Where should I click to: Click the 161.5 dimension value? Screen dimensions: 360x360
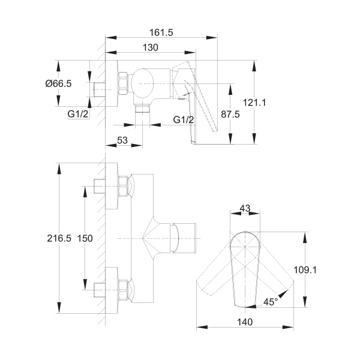(x=161, y=32)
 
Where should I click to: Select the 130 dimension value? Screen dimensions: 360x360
(x=151, y=47)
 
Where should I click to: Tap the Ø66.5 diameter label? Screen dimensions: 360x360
(x=58, y=83)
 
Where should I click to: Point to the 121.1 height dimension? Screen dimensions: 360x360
(x=254, y=103)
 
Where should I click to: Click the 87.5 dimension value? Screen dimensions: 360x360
(x=230, y=114)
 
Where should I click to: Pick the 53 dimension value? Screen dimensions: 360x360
(x=122, y=140)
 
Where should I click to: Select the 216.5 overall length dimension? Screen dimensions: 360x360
(x=59, y=238)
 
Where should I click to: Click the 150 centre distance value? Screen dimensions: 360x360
(x=85, y=238)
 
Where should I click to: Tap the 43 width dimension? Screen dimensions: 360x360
(x=245, y=208)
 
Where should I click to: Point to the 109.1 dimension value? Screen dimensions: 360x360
(x=305, y=270)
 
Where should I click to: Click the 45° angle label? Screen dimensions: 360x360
(x=271, y=302)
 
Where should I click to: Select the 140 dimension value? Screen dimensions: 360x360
(x=245, y=322)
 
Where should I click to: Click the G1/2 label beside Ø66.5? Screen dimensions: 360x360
(x=78, y=114)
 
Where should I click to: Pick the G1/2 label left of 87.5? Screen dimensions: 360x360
(x=184, y=119)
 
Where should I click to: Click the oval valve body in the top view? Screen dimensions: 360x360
(x=142, y=84)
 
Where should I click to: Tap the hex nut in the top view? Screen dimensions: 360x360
(x=123, y=83)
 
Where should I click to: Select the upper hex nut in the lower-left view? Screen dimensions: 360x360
(x=123, y=186)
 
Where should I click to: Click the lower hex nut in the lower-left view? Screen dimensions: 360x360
(x=123, y=290)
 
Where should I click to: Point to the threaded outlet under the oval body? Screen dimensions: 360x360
(x=142, y=109)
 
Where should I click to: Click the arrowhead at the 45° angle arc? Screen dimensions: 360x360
(x=282, y=294)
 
